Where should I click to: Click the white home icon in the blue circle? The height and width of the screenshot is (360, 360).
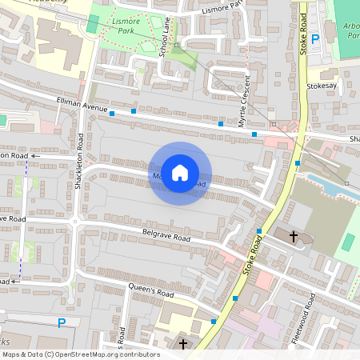click(x=180, y=173)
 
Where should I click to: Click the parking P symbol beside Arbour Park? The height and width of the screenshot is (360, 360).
click(x=315, y=38)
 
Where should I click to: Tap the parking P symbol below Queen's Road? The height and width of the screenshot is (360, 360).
click(x=61, y=323)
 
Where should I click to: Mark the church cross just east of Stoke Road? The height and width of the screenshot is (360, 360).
click(x=294, y=236)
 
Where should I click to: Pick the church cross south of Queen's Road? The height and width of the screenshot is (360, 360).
click(x=184, y=344)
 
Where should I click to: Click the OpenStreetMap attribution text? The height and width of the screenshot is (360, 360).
click(x=81, y=354)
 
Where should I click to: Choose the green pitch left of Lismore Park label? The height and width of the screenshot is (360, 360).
click(x=94, y=23)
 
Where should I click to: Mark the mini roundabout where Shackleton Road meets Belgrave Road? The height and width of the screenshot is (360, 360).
click(x=76, y=221)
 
